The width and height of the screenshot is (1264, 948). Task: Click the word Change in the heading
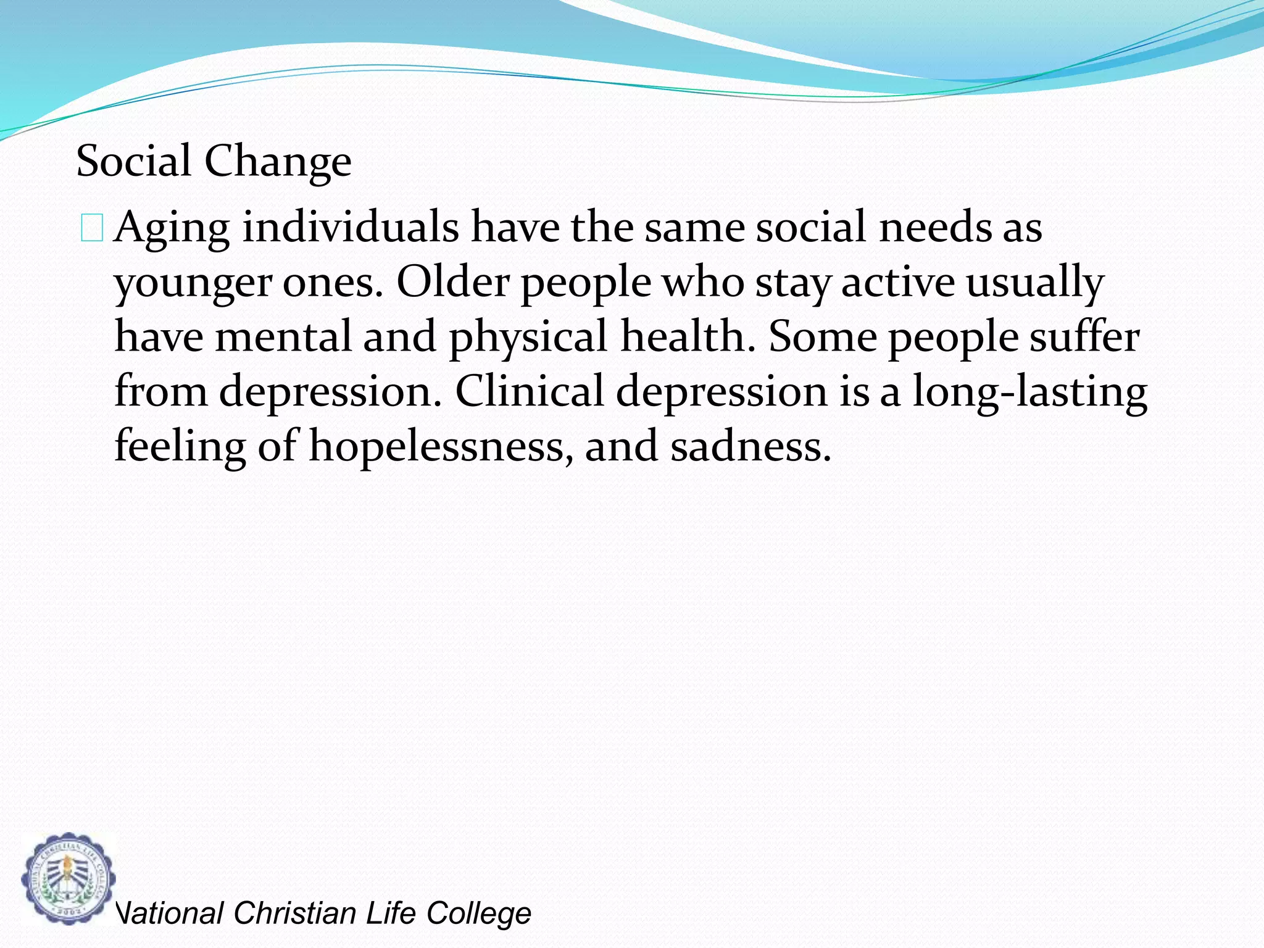coord(278,162)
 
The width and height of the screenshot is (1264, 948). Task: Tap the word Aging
coord(172,228)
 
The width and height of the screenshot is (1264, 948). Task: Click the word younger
coord(193,284)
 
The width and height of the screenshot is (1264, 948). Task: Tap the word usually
coord(1034,283)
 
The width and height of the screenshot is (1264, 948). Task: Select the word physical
coord(528,338)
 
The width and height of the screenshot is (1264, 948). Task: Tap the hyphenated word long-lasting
coord(1029,393)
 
